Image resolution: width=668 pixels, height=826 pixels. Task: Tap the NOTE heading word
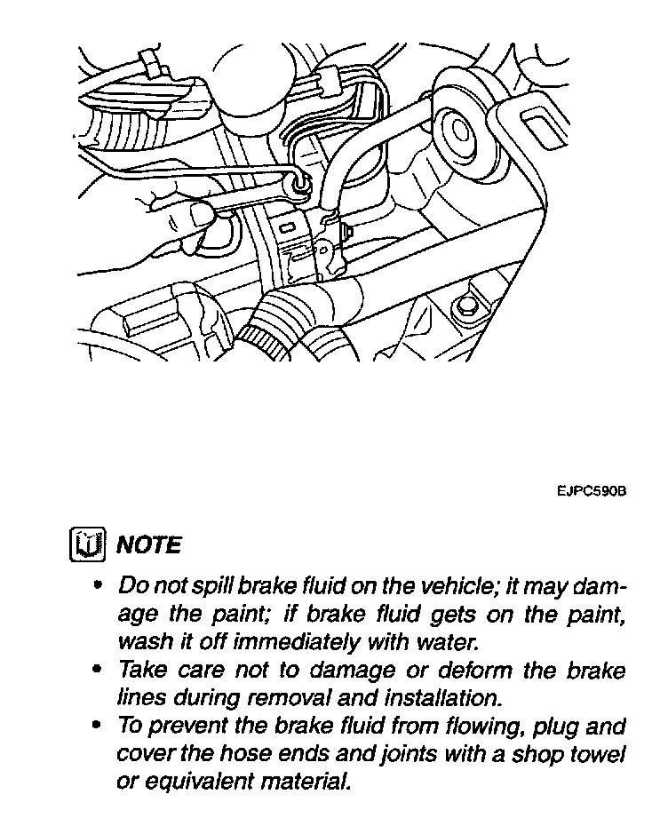[x=148, y=544]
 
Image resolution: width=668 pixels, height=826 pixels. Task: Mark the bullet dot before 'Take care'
[x=99, y=671]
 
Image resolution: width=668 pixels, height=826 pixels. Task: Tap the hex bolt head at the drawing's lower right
[x=464, y=308]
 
